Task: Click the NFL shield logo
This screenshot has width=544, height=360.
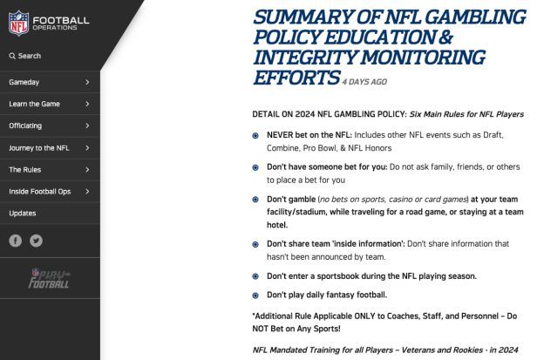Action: tap(18, 23)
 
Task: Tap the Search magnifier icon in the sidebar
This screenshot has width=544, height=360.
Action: tap(12, 56)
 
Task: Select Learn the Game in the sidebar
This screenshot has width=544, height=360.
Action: tap(34, 104)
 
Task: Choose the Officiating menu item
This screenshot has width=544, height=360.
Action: tap(25, 126)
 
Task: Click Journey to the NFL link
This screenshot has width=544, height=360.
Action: tap(39, 148)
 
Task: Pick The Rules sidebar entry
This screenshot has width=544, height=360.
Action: tap(25, 170)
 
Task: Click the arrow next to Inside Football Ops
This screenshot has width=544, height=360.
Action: tap(88, 192)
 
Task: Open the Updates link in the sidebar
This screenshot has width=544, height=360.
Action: tap(23, 214)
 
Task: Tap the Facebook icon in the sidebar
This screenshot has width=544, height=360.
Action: tap(16, 241)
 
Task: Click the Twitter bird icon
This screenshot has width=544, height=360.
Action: tap(36, 241)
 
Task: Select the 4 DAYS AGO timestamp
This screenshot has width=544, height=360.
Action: tap(364, 81)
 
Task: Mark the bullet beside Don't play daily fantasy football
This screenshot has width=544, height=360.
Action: tap(255, 295)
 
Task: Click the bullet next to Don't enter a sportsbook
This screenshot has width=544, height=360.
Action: tap(255, 276)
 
